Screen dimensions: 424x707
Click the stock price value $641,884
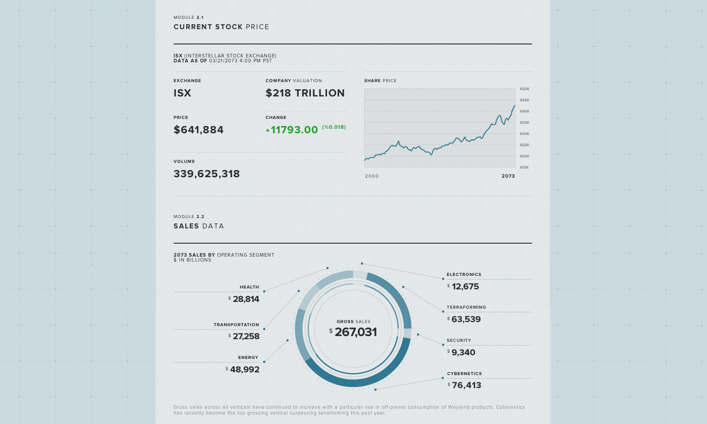click(x=198, y=130)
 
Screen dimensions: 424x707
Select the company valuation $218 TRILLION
click(x=305, y=93)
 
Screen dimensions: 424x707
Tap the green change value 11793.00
click(x=294, y=130)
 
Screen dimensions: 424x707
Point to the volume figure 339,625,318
click(x=206, y=174)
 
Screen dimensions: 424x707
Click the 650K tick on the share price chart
click(x=524, y=89)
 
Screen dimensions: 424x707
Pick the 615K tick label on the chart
click(x=524, y=167)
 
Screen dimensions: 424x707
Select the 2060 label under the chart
click(x=371, y=176)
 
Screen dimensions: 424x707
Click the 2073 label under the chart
click(x=508, y=176)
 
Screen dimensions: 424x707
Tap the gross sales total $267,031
click(x=355, y=332)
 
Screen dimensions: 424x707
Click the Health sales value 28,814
click(x=246, y=299)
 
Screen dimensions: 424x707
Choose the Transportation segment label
click(x=236, y=325)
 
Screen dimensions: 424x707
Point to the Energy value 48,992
click(x=244, y=370)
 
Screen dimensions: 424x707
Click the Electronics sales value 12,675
click(x=465, y=287)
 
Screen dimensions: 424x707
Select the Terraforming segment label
click(x=466, y=307)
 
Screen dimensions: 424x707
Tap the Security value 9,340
click(x=463, y=353)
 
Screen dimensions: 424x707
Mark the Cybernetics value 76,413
click(x=466, y=385)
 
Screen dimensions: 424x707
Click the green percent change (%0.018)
click(x=334, y=127)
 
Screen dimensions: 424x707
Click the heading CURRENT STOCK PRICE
click(x=221, y=27)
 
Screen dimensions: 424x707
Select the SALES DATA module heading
click(x=198, y=226)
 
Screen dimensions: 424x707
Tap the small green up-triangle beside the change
click(x=268, y=131)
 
